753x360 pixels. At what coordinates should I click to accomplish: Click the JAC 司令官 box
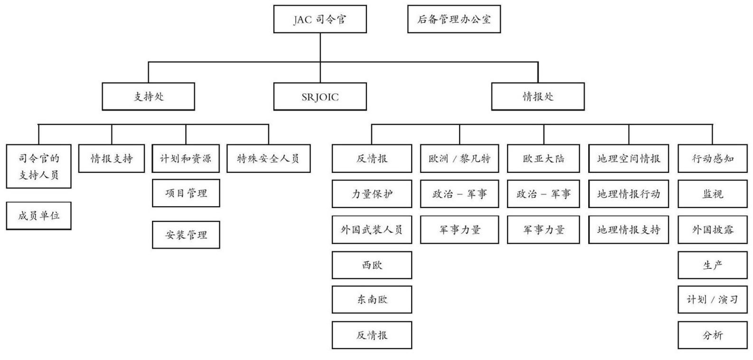(320, 19)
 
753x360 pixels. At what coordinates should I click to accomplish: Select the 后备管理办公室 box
(454, 19)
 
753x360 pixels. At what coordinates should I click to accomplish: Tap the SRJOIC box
(320, 96)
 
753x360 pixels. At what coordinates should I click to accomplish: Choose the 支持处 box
(148, 96)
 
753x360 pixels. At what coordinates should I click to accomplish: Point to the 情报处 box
(538, 96)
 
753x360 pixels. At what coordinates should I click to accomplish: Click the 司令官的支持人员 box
(38, 166)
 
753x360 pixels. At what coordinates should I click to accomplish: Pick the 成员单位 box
(38, 216)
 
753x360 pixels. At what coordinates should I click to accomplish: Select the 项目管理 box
(186, 193)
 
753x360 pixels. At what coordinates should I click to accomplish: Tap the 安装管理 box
(186, 235)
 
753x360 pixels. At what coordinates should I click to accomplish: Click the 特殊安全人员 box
(269, 159)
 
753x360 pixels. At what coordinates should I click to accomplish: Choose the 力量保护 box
(372, 194)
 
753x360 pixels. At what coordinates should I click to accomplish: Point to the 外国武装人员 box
(372, 230)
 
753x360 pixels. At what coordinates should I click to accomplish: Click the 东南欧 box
(372, 300)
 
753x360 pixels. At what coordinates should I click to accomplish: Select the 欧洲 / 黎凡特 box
(460, 159)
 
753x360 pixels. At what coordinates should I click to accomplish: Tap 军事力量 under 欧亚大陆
(544, 230)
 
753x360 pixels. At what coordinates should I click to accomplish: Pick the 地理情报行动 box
(629, 194)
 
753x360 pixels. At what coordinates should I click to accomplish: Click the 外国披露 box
(713, 230)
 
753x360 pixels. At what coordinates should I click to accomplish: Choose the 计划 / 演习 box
(713, 300)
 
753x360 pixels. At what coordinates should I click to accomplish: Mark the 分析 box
(713, 335)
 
